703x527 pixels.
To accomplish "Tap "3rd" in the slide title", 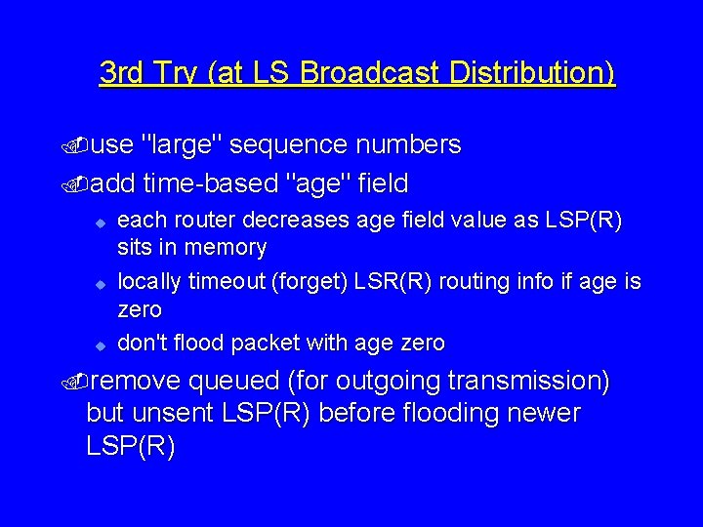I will pyautogui.click(x=121, y=73).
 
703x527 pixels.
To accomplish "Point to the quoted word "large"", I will pyautogui.click(x=184, y=145).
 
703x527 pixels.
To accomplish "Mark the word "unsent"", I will pyautogui.click(x=178, y=413).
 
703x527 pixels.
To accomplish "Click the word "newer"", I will pyautogui.click(x=543, y=413).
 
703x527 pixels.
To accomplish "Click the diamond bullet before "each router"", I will pyautogui.click(x=99, y=223).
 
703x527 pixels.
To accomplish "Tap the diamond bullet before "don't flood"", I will pyautogui.click(x=99, y=345).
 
